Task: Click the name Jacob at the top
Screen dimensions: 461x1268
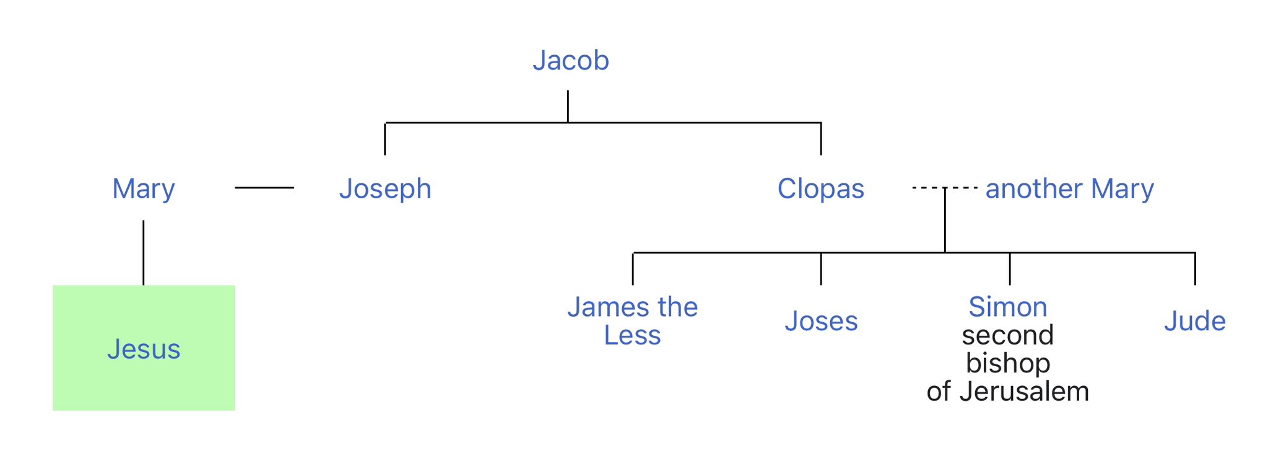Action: [x=571, y=61]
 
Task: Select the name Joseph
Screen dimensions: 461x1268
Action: [x=385, y=188]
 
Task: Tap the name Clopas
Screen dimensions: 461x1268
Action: [x=820, y=188]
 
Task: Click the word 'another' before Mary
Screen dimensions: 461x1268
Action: [x=1034, y=188]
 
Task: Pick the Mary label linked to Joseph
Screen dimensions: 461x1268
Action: [x=144, y=188]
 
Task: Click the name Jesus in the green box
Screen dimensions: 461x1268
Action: [x=144, y=349]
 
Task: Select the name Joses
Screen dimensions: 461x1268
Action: [x=821, y=321]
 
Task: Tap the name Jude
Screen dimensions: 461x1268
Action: [x=1194, y=321]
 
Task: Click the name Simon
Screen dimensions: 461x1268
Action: [x=1008, y=307]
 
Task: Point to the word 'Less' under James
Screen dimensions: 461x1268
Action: [x=632, y=335]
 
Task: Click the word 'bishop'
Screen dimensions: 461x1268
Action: [x=1008, y=363]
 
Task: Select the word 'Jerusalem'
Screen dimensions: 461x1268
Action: [x=1024, y=392]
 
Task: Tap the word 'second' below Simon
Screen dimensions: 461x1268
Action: [x=1008, y=335]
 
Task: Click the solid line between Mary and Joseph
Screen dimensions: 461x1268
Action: [x=264, y=187]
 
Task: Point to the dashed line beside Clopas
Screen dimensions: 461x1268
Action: [x=929, y=187]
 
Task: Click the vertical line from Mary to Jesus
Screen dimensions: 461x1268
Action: [x=144, y=253]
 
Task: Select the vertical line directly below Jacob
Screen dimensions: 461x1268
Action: [x=568, y=106]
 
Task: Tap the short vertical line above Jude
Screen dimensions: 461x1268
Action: [x=1195, y=269]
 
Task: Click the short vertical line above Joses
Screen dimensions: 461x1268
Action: [x=821, y=269]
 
